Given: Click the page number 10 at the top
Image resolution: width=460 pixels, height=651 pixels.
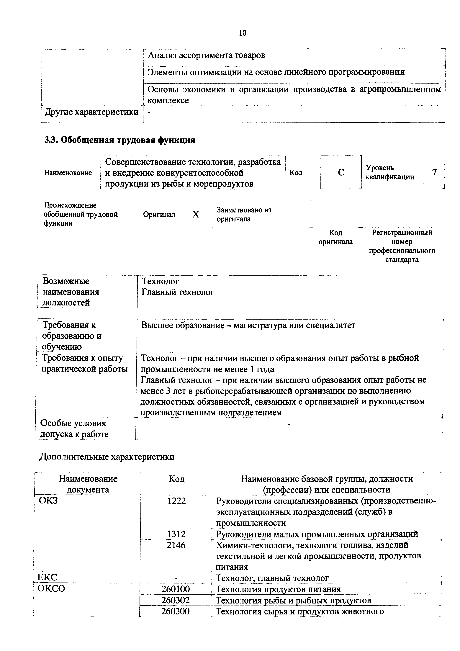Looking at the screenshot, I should click(243, 33).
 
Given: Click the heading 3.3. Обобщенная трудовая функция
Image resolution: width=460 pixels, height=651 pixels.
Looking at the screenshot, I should click(120, 140).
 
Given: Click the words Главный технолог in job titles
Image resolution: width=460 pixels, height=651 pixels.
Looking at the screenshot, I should click(178, 292).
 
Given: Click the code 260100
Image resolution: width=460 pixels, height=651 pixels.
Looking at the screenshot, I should click(175, 589).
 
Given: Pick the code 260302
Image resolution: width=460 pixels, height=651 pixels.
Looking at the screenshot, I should click(175, 600).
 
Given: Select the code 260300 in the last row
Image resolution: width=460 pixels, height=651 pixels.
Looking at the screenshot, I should click(175, 611).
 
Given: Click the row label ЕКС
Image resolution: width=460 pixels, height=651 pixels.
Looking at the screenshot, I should click(47, 577).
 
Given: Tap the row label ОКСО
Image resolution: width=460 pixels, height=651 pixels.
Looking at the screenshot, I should click(51, 589).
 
